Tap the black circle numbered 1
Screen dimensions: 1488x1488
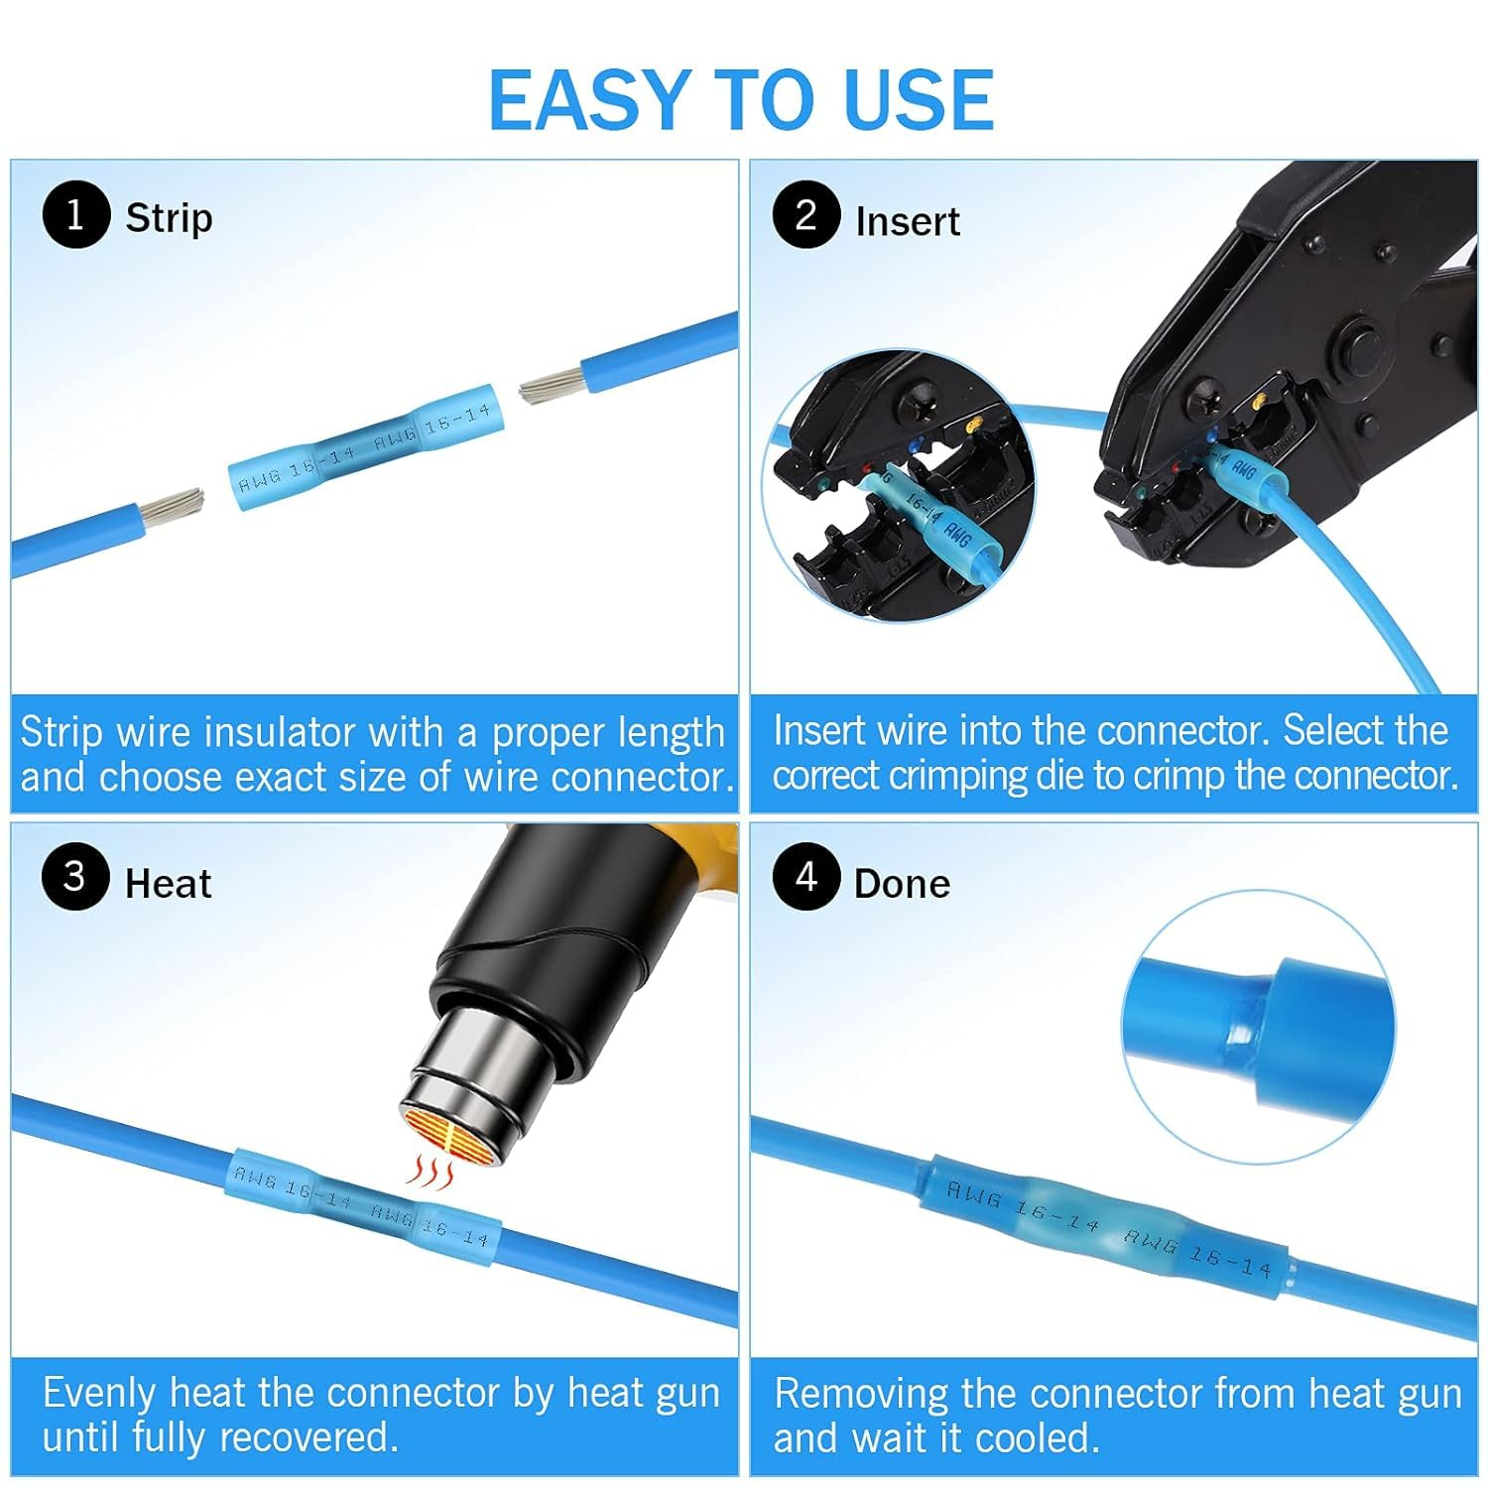(x=75, y=214)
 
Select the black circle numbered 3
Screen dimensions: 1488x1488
(x=75, y=877)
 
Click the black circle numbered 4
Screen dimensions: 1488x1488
(x=806, y=877)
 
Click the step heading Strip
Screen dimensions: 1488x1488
(x=169, y=218)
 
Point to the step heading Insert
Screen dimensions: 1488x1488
(x=907, y=221)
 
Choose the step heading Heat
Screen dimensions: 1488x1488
(x=168, y=883)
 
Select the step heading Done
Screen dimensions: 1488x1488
(x=902, y=883)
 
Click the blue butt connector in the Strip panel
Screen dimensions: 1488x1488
(x=363, y=446)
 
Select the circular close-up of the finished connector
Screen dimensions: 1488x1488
(x=1257, y=1025)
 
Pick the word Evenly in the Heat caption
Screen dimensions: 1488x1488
(x=99, y=1394)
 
